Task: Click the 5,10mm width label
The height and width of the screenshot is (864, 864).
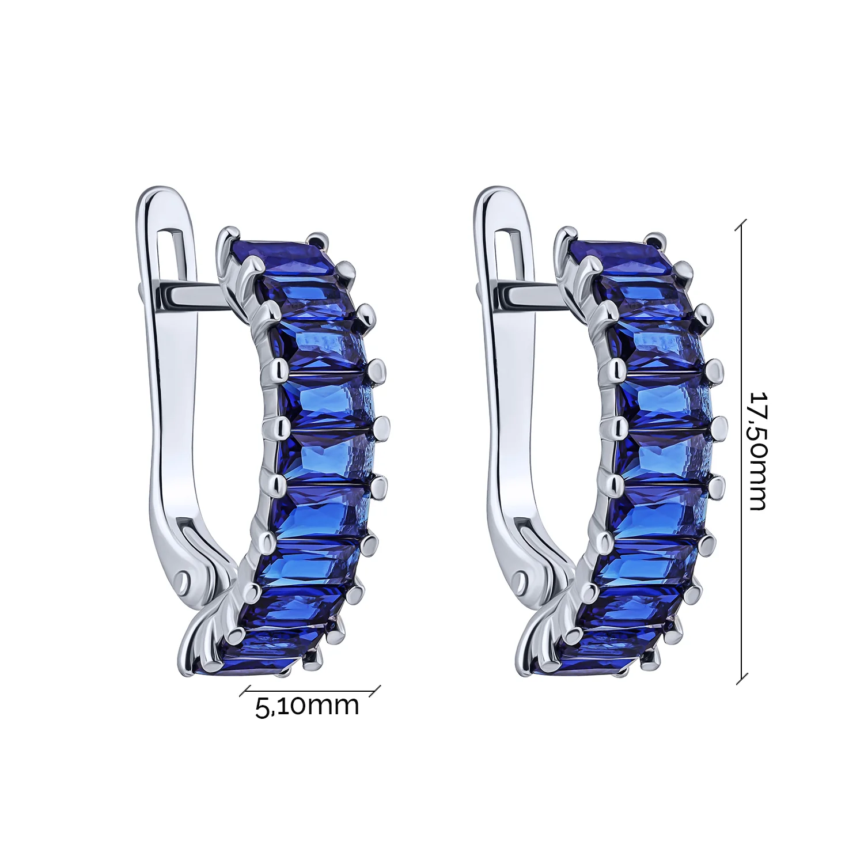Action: point(307,706)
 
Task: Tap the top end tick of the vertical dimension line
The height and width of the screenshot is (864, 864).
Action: point(741,225)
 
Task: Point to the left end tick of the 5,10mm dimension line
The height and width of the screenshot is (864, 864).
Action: point(245,691)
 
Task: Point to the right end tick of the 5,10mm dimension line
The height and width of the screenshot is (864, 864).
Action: point(375,691)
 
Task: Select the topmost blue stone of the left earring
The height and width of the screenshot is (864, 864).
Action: point(282,254)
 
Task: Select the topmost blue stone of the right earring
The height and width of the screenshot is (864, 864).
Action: point(621,254)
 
